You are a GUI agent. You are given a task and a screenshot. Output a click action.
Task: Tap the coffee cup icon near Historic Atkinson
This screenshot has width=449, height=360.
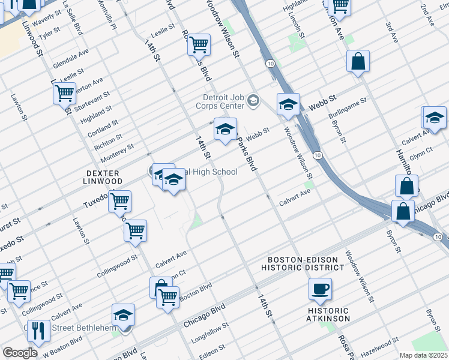pyautogui.click(x=320, y=289)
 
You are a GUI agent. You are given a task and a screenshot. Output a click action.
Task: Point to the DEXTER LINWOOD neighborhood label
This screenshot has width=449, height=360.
pyautogui.click(x=95, y=177)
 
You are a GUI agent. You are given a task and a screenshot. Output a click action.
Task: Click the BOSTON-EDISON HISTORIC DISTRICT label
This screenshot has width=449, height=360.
pyautogui.click(x=305, y=263)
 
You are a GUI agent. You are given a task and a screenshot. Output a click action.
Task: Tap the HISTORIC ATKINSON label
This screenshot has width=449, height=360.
pyautogui.click(x=328, y=314)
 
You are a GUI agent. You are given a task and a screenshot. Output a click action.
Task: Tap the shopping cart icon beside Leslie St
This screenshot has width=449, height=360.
pyautogui.click(x=199, y=44)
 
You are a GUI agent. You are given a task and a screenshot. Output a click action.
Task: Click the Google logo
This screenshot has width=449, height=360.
pyautogui.click(x=20, y=353)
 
